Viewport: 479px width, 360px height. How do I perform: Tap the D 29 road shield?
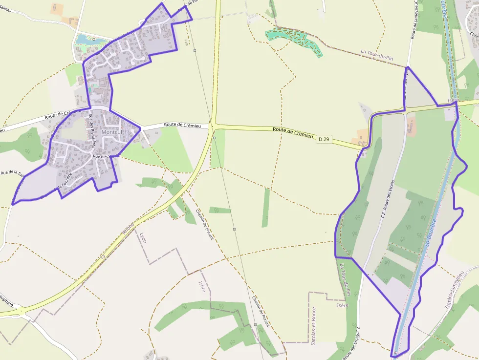(x=323, y=140)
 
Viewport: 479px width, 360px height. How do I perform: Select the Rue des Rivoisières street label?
(x=92, y=130)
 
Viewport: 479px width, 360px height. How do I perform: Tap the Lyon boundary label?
(x=143, y=237)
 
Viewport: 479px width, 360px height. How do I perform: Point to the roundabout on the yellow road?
(x=20, y=311)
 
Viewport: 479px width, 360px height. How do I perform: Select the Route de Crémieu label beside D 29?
(x=293, y=132)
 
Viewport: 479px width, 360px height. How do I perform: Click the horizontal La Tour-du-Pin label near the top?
(x=377, y=54)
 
